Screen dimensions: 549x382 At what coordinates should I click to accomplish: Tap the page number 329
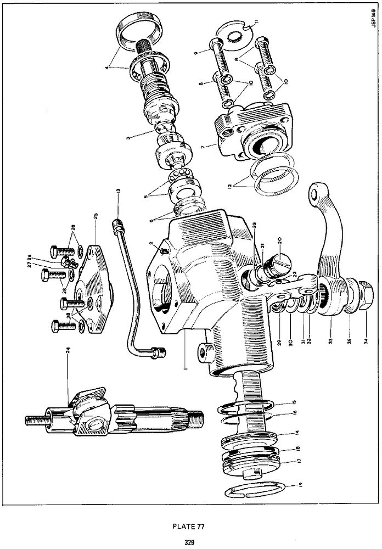(x=190, y=542)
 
